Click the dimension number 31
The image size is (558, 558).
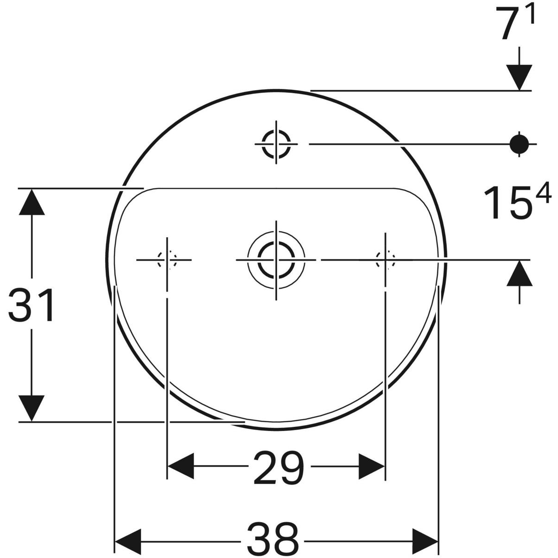(32, 306)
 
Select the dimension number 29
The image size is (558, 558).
(279, 467)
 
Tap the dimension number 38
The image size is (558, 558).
(272, 538)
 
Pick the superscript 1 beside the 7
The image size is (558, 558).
(531, 15)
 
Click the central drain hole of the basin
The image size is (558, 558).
(276, 259)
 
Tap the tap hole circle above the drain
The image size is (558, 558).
(276, 144)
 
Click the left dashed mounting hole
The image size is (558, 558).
(166, 259)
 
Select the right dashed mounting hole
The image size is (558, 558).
(385, 259)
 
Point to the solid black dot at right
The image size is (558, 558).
(519, 144)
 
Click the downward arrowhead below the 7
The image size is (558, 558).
(519, 77)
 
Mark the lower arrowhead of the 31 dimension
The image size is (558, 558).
(32, 408)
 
